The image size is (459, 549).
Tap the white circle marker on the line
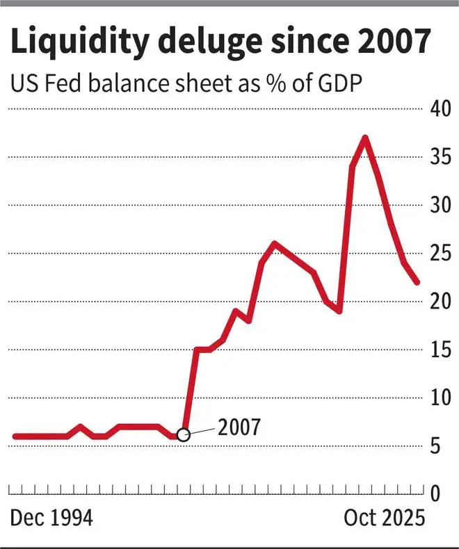(x=183, y=435)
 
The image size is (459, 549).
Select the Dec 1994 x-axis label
(x=51, y=519)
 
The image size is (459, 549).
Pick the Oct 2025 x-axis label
(x=383, y=519)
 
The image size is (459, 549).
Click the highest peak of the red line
(x=365, y=137)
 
